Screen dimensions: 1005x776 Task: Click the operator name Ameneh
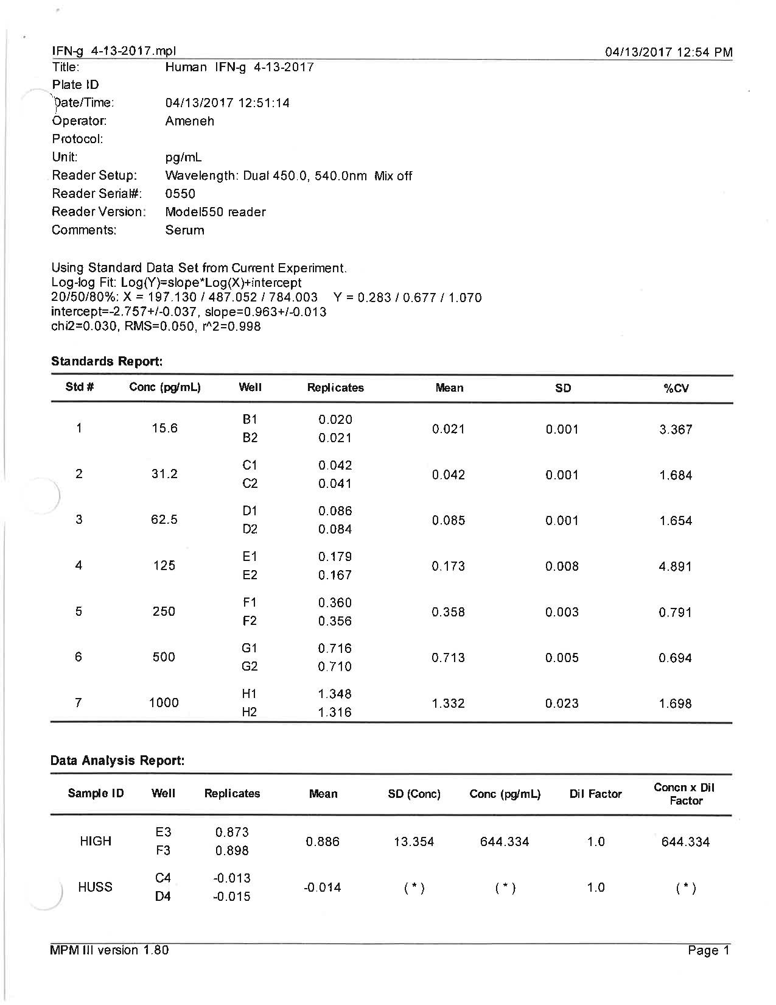point(189,121)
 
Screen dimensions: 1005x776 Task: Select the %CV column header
point(676,388)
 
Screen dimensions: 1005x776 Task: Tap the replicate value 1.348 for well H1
point(335,694)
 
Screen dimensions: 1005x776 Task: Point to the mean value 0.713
point(449,657)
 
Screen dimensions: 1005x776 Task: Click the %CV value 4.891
point(676,566)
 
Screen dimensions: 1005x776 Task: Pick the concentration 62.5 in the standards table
point(164,520)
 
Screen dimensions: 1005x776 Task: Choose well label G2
point(250,666)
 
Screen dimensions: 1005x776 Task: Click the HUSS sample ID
point(96,887)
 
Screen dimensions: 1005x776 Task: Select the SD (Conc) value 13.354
point(414,842)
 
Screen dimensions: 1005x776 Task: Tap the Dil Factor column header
point(595,794)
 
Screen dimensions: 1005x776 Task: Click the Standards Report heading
point(107,361)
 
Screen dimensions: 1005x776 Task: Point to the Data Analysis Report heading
point(117,760)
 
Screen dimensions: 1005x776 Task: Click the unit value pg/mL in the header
point(183,157)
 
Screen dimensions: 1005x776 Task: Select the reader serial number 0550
point(180,194)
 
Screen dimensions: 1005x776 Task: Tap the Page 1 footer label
point(708,951)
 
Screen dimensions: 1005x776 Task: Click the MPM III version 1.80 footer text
point(110,950)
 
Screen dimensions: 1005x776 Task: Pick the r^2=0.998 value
point(232,326)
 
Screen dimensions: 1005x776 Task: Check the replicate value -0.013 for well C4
point(232,878)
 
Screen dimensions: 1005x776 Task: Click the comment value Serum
point(184,230)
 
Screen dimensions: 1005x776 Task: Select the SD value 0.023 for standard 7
point(562,703)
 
